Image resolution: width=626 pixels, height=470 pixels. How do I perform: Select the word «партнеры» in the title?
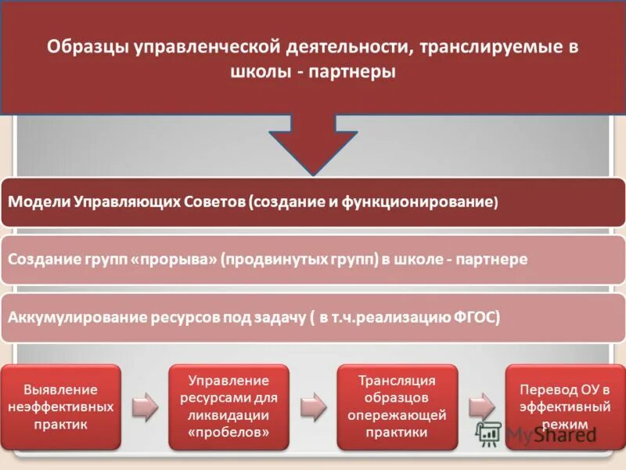pyautogui.click(x=358, y=72)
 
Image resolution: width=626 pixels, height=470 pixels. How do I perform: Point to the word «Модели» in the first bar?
pyautogui.click(x=38, y=201)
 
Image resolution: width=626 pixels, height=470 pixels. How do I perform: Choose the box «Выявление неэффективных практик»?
pyautogui.click(x=61, y=407)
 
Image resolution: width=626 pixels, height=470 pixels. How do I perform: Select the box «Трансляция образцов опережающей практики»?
pyautogui.click(x=397, y=407)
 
